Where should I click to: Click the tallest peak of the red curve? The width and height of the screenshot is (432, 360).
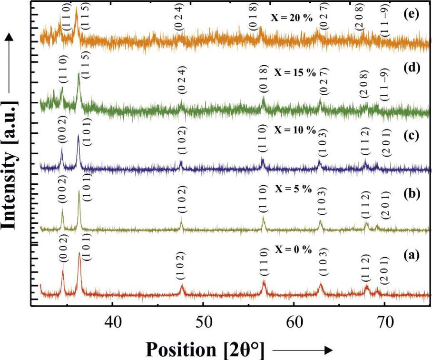click(x=79, y=253)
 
